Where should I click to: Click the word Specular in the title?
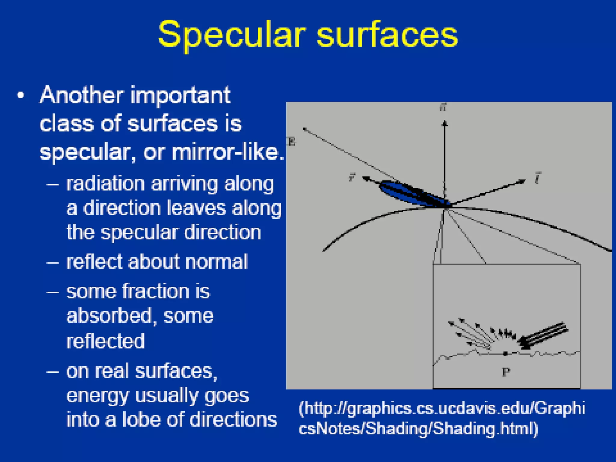232,35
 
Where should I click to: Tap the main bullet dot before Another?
20,96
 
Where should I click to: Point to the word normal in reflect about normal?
216,261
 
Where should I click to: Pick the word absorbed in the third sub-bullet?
109,316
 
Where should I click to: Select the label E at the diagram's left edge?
291,141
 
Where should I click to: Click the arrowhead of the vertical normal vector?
445,123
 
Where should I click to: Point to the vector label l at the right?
537,178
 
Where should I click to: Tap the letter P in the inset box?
506,372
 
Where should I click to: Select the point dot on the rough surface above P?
506,354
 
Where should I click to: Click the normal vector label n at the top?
443,107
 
